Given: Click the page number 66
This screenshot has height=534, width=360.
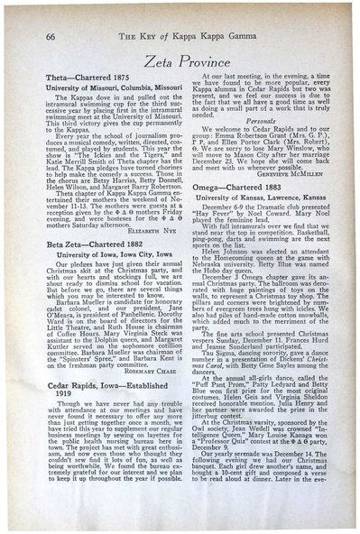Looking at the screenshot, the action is click(30, 25).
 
